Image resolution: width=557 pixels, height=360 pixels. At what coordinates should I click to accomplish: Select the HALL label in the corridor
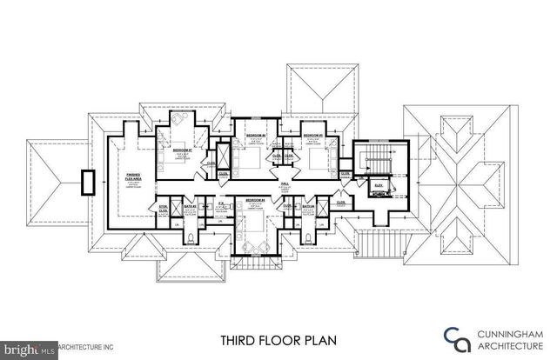click(284, 183)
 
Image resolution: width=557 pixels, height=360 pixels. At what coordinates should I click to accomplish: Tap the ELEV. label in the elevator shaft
click(379, 184)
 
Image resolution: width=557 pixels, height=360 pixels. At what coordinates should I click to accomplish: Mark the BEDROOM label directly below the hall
click(254, 200)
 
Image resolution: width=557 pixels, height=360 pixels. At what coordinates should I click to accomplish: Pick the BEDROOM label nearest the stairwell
click(314, 136)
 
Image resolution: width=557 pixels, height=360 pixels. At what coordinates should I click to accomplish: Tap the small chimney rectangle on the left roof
click(87, 183)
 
